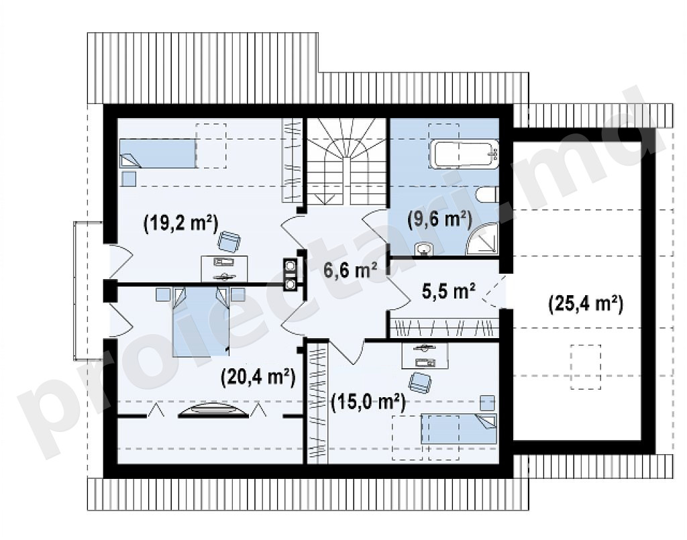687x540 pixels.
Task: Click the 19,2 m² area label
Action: coord(180,223)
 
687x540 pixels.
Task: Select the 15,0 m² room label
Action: coord(368,402)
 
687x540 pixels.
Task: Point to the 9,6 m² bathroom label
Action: coord(439,219)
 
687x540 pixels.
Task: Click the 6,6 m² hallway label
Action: coord(351,270)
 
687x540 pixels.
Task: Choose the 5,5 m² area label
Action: coord(449,291)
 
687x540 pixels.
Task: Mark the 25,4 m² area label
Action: coord(586,304)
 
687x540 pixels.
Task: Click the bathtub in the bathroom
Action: coord(464,154)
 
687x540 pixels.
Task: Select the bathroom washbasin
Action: coord(423,249)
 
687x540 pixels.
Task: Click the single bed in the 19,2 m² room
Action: coord(158,154)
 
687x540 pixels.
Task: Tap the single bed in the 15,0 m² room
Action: coord(459,429)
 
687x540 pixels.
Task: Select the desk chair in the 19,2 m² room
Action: coord(229,241)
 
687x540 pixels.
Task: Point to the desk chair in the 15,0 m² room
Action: coord(420,382)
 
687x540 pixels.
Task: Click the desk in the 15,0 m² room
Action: coord(425,356)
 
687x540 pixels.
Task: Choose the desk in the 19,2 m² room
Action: coord(224,269)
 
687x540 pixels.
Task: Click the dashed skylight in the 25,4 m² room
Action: coord(585,367)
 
